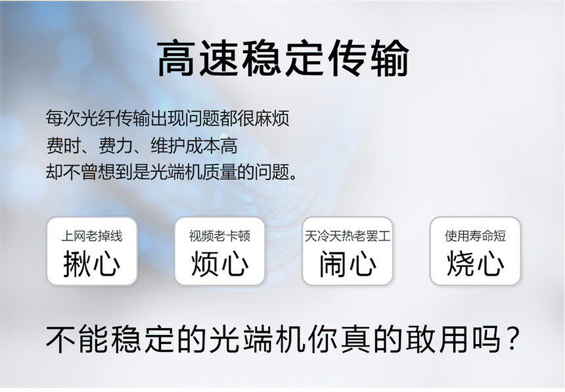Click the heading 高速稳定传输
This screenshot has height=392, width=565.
(283, 58)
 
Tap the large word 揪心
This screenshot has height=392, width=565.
(92, 264)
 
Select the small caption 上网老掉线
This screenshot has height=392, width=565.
(92, 236)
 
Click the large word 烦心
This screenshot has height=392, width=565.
(220, 264)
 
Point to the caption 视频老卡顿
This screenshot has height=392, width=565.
(219, 236)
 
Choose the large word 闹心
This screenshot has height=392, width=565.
(348, 264)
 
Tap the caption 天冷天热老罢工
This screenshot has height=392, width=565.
(348, 236)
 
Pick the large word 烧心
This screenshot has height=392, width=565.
(475, 264)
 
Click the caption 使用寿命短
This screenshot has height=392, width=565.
(475, 236)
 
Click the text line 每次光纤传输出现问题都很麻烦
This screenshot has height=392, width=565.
(167, 118)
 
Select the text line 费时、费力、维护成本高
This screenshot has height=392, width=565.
(142, 145)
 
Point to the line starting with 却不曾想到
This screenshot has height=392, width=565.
(171, 172)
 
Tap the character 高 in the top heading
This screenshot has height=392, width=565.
(176, 58)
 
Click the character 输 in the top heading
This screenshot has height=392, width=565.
(389, 58)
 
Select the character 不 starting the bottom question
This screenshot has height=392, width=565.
(60, 339)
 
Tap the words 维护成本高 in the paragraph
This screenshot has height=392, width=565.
(194, 145)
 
